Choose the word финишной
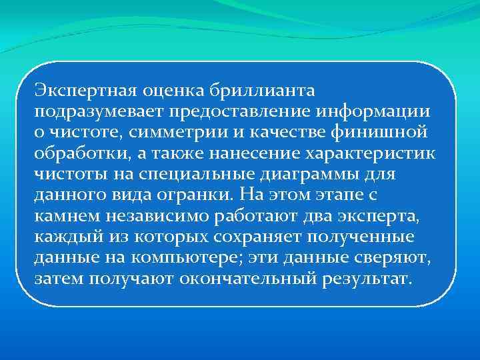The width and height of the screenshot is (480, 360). click(x=387, y=131)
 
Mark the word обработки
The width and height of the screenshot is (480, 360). click(x=70, y=153)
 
